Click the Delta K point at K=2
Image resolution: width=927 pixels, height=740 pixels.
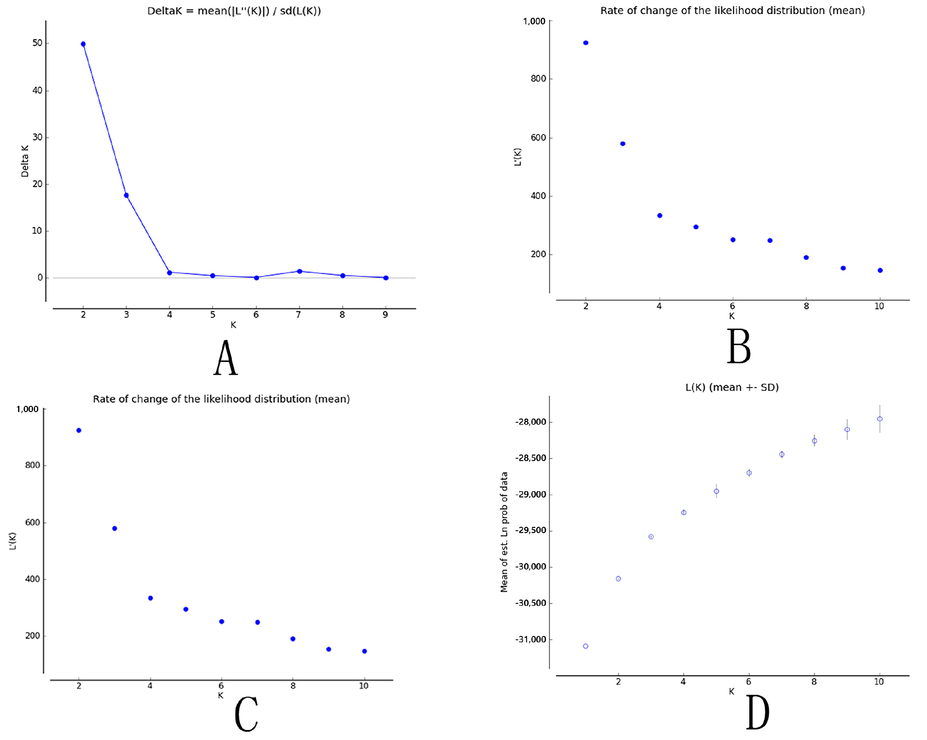pyautogui.click(x=83, y=44)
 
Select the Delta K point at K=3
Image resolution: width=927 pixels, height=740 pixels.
pyautogui.click(x=126, y=195)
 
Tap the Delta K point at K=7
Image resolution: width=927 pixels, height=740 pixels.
pyautogui.click(x=300, y=271)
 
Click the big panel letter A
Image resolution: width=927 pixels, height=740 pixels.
pyautogui.click(x=226, y=358)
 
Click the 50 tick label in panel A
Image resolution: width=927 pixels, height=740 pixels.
pyautogui.click(x=37, y=43)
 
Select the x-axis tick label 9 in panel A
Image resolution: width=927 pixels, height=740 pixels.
pyautogui.click(x=385, y=315)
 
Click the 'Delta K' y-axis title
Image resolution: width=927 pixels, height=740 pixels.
pyautogui.click(x=25, y=161)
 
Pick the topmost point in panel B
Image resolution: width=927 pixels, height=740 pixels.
pyautogui.click(x=586, y=43)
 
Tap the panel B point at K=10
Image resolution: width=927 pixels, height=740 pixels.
pyautogui.click(x=880, y=271)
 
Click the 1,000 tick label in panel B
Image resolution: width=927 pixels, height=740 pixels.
pyautogui.click(x=534, y=21)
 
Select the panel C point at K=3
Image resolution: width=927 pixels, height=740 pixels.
pyautogui.click(x=115, y=529)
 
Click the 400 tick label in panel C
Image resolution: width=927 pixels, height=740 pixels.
pyautogui.click(x=32, y=579)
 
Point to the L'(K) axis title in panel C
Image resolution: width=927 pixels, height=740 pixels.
pyautogui.click(x=12, y=541)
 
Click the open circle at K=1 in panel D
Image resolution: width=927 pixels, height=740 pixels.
pyautogui.click(x=586, y=646)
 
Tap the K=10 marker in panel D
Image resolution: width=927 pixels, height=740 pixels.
pyautogui.click(x=880, y=419)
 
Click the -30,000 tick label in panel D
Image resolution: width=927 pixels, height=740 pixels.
pyautogui.click(x=531, y=567)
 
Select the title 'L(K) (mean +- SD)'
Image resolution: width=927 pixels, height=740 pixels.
pyautogui.click(x=732, y=387)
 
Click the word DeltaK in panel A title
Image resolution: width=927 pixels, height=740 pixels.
pyautogui.click(x=165, y=11)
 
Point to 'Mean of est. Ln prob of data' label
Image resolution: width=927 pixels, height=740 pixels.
pyautogui.click(x=504, y=533)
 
